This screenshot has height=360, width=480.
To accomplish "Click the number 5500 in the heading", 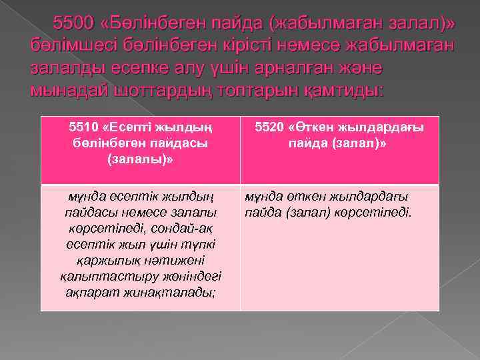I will point(75,24).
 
